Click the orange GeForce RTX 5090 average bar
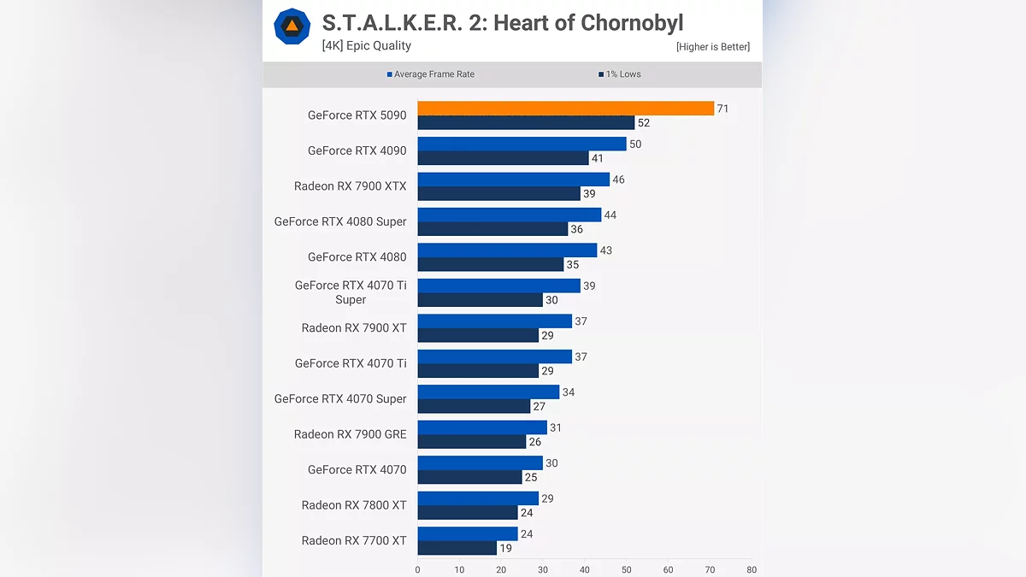tap(565, 109)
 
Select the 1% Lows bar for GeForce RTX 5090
tap(526, 123)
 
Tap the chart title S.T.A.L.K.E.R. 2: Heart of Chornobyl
tap(503, 22)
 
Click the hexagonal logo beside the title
tap(292, 26)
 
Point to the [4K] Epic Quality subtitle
tap(366, 46)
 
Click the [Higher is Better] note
tap(712, 47)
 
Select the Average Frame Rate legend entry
tap(431, 74)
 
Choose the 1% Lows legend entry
tap(620, 74)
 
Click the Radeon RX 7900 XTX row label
tap(350, 186)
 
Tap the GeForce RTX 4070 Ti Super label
tap(351, 292)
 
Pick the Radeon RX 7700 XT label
tap(354, 541)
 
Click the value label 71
tap(722, 109)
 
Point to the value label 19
tap(505, 549)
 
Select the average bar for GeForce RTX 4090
tap(522, 144)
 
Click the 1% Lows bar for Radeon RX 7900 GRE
tap(471, 442)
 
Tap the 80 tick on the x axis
tap(751, 569)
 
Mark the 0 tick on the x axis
tap(417, 569)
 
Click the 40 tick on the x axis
tap(584, 569)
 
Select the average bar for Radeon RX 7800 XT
tap(478, 498)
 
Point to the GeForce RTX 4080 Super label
tap(340, 221)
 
